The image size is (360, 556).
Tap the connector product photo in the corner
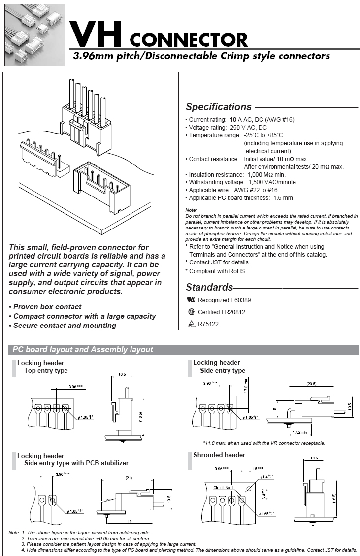(x=34, y=35)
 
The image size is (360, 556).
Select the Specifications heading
(x=219, y=107)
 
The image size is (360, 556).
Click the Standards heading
(x=209, y=287)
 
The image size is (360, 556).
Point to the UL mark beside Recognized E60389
(x=191, y=300)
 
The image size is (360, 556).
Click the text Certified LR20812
(x=221, y=312)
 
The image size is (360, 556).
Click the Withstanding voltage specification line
(x=241, y=182)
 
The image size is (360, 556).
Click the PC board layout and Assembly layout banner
(x=83, y=350)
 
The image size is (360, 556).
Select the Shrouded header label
(x=219, y=455)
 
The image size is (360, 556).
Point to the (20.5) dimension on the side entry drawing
(x=311, y=383)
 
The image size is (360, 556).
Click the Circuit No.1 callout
(x=223, y=488)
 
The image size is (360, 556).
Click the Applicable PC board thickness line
(x=240, y=198)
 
